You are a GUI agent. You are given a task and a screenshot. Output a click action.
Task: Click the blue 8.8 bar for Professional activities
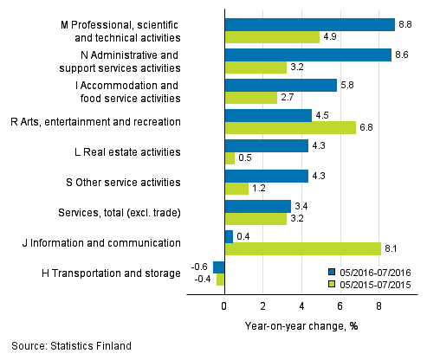pyautogui.click(x=309, y=24)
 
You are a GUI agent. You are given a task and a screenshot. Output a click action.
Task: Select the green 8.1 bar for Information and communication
pyautogui.click(x=302, y=249)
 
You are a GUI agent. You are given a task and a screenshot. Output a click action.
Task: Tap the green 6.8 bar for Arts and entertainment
pyautogui.click(x=290, y=128)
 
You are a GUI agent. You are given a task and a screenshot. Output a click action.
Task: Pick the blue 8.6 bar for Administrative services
pyautogui.click(x=307, y=55)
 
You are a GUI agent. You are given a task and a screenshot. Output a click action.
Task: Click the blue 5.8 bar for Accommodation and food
pyautogui.click(x=281, y=85)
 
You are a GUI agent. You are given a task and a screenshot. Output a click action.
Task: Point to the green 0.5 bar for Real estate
pyautogui.click(x=230, y=158)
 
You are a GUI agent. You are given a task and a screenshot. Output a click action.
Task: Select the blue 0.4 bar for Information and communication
pyautogui.click(x=229, y=236)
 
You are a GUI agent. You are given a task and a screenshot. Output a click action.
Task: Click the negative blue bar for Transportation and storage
pyautogui.click(x=219, y=267)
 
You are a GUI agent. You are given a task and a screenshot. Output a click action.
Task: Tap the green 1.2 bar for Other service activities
pyautogui.click(x=236, y=189)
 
